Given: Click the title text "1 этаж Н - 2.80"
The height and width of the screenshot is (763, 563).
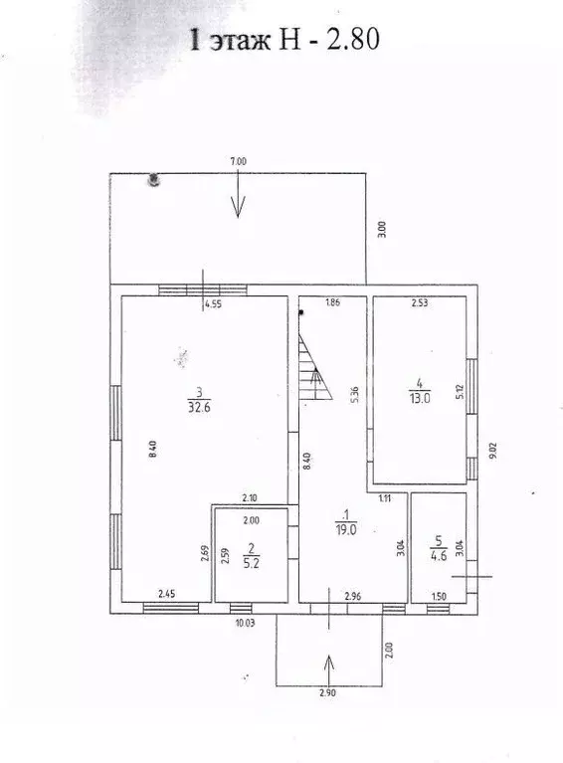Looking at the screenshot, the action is coord(284,39).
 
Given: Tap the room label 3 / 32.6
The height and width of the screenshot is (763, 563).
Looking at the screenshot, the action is coord(199,400).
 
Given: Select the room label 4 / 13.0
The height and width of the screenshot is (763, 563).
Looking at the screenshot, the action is coord(420,391).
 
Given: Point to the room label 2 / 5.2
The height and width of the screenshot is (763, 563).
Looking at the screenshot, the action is coord(251,556).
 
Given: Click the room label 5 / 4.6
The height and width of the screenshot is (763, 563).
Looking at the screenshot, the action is coord(439,548).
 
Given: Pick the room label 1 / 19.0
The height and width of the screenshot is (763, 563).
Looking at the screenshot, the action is coord(345,522).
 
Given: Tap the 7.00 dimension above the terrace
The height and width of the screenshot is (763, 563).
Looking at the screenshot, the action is coord(239,161).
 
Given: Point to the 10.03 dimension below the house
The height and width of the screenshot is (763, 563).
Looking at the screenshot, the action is coord(245,623).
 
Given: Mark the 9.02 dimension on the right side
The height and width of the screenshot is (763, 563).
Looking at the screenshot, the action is coord(493,451).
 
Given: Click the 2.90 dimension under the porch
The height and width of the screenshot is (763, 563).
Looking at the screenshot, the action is coord(328,692).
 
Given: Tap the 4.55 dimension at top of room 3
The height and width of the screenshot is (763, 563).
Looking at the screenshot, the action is coord(213,304).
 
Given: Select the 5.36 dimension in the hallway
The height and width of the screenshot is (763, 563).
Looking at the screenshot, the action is coord(355,394).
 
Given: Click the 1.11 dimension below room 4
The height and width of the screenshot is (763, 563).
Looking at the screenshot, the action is coord(385,497).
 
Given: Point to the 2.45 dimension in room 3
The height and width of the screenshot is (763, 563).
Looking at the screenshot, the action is coord(166,594).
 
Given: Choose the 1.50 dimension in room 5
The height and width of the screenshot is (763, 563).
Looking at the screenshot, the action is coord(439,597).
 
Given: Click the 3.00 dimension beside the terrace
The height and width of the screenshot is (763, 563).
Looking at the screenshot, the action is coord(382,229).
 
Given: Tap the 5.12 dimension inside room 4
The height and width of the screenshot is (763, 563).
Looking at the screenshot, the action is coord(460,391).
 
